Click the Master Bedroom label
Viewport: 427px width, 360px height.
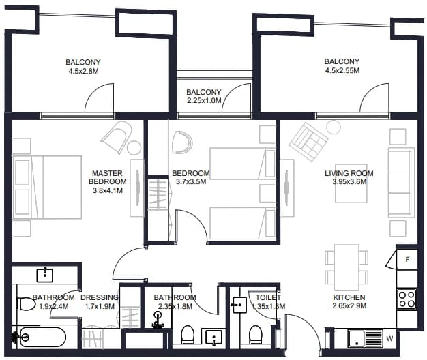pos(108,177)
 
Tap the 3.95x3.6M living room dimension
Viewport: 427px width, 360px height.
pos(349,182)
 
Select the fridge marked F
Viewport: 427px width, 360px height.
pos(407,259)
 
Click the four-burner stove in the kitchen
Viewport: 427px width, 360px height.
pos(407,299)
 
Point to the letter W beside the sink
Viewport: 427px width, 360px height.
pos(389,338)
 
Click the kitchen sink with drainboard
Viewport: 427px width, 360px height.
pos(365,338)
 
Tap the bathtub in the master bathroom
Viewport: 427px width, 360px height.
pos(41,337)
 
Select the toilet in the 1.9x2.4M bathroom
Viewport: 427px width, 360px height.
pos(26,304)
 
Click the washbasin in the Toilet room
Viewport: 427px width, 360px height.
pos(239,305)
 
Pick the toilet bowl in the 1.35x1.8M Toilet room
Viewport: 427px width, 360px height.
pos(256,335)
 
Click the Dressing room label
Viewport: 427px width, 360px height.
pos(100,297)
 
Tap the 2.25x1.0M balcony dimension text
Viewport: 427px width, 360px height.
pos(204,101)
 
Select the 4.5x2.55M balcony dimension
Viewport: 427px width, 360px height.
pos(342,70)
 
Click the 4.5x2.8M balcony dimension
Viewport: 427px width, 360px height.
pos(83,72)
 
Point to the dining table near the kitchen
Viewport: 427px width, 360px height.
pos(347,268)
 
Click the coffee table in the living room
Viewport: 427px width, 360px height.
pos(351,183)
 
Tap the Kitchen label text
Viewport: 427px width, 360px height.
pos(349,297)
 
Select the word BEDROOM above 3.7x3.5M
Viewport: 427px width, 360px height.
pos(191,173)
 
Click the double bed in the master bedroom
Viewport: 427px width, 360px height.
pos(47,187)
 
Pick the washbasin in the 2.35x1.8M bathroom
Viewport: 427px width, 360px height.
pos(214,337)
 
